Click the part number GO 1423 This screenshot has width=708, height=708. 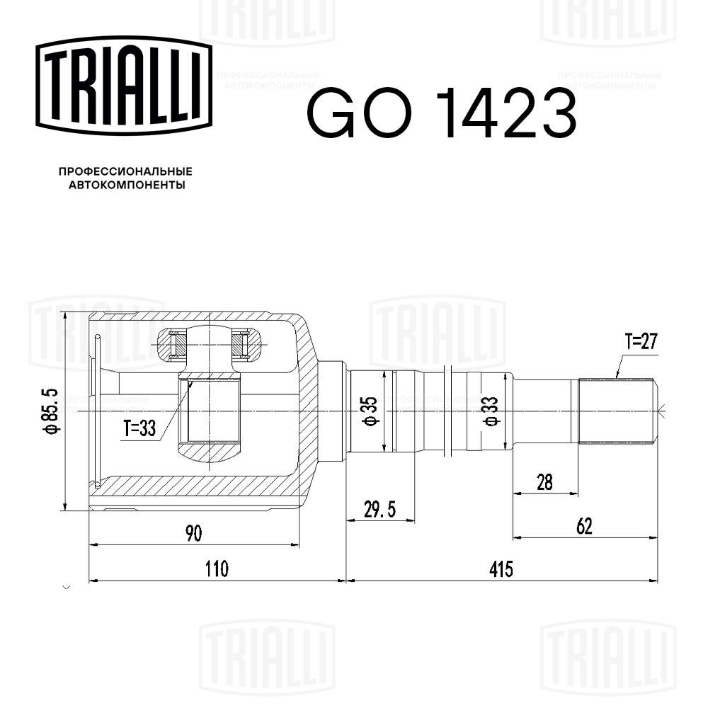tap(441, 113)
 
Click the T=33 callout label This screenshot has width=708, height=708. tap(138, 428)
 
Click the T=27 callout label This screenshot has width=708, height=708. tap(641, 343)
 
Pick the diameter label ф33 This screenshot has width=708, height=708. tap(491, 411)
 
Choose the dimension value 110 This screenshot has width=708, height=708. tap(217, 569)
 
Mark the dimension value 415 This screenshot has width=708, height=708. tap(501, 569)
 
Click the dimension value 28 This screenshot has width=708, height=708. tap(544, 481)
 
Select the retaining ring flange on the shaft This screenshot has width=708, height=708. tap(449, 411)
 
